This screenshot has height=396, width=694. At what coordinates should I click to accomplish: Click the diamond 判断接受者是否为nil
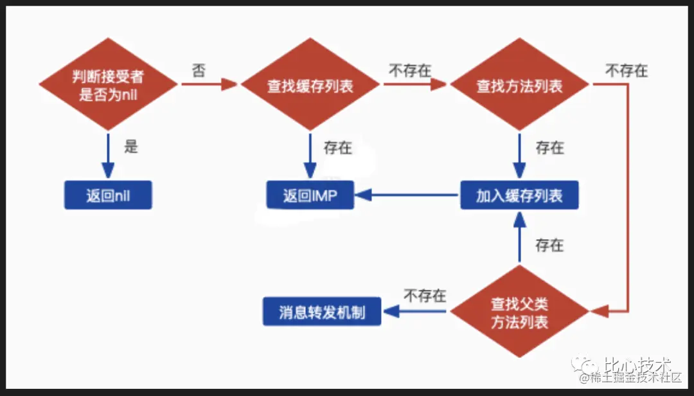(x=108, y=85)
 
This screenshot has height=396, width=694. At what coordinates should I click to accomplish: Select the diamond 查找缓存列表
(x=310, y=85)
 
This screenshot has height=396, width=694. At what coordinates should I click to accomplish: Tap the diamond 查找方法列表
(x=519, y=85)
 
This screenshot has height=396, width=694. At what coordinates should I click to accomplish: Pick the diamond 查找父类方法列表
(x=519, y=312)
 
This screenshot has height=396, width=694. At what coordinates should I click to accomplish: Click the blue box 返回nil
(x=108, y=195)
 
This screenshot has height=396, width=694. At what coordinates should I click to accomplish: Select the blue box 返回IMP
(x=310, y=195)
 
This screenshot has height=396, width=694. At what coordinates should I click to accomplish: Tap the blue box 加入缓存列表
(x=519, y=195)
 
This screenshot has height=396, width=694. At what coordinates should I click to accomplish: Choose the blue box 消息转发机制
(x=322, y=312)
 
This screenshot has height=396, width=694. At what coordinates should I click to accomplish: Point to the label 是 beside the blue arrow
(x=131, y=147)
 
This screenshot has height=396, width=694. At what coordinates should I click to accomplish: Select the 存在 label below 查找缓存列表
(x=338, y=148)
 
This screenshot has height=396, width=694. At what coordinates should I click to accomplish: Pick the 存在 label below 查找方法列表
(x=549, y=148)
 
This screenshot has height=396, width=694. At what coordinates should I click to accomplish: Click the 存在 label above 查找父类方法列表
(x=549, y=245)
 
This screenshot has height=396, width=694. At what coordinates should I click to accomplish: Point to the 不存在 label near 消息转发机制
(x=425, y=296)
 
